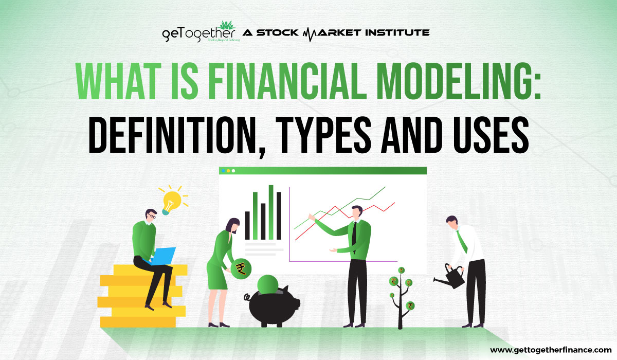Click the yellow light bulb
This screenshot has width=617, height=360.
pos(169,202)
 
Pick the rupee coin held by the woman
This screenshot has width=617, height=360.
pos(240,267)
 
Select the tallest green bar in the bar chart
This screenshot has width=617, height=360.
pos(270,212)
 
